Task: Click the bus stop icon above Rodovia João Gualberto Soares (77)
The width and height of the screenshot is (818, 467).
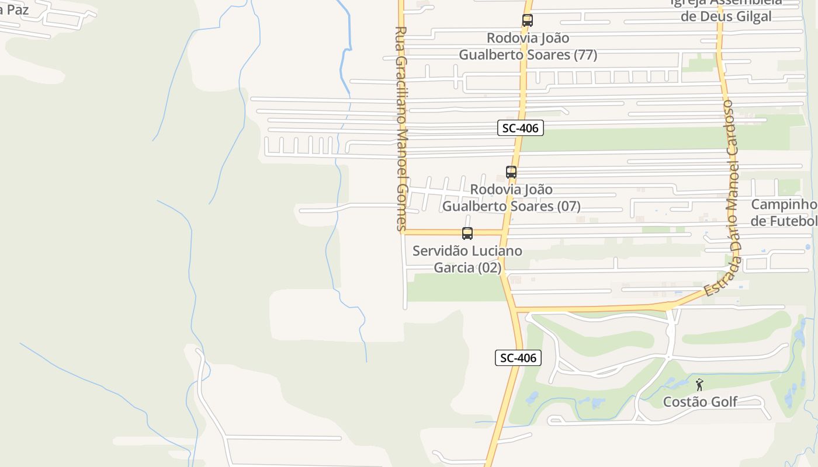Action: pyautogui.click(x=527, y=20)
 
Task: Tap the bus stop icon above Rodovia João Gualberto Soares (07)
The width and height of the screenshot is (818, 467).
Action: pyautogui.click(x=511, y=172)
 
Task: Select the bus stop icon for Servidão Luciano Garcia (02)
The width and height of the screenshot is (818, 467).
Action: pyautogui.click(x=467, y=233)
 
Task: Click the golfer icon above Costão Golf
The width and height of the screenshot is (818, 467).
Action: pyautogui.click(x=699, y=385)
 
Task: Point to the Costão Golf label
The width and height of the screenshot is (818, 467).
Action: pyautogui.click(x=700, y=402)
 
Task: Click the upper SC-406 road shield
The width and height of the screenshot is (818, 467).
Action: pyautogui.click(x=521, y=128)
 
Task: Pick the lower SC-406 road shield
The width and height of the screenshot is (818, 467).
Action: pyautogui.click(x=518, y=358)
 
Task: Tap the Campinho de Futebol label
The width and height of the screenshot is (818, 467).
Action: pyautogui.click(x=784, y=212)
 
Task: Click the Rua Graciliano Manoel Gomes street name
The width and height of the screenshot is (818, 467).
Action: pyautogui.click(x=401, y=128)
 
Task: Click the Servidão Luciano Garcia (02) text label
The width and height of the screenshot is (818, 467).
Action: pyautogui.click(x=467, y=259)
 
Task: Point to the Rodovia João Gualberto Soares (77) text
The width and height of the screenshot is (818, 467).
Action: pyautogui.click(x=528, y=46)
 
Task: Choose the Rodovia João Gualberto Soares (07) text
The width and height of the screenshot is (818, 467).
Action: pyautogui.click(x=511, y=198)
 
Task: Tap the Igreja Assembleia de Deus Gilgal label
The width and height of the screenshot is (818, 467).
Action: pyautogui.click(x=726, y=9)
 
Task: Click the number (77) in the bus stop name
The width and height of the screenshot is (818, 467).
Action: pyautogui.click(x=585, y=55)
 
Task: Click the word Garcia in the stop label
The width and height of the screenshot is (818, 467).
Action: pyautogui.click(x=454, y=268)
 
